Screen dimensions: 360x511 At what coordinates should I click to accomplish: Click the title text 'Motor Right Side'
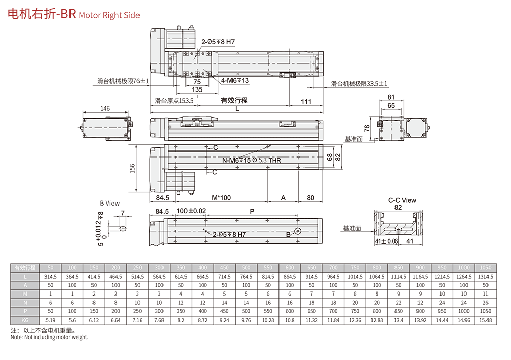[109, 15]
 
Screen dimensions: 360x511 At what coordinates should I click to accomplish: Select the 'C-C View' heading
[402, 200]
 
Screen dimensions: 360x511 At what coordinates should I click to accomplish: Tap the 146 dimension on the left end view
[105, 109]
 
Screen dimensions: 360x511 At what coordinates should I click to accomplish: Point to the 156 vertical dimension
[133, 168]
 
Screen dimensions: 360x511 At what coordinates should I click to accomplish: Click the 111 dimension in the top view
[306, 101]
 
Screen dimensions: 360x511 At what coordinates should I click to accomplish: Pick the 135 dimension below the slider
[197, 89]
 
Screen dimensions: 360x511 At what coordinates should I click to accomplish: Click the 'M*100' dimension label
[221, 197]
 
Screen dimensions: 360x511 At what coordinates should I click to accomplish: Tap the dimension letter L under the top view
[236, 109]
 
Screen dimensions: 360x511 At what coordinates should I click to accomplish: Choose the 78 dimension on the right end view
[367, 128]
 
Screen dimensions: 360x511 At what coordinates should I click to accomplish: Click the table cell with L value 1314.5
[485, 276]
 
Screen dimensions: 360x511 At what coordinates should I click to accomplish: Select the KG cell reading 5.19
[50, 320]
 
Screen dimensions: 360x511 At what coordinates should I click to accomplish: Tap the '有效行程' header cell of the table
[25, 267]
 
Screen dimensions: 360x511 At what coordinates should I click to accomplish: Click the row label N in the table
[25, 302]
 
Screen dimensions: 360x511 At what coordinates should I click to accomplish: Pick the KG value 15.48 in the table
[485, 320]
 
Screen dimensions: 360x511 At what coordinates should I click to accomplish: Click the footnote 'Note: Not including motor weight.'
[50, 337]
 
